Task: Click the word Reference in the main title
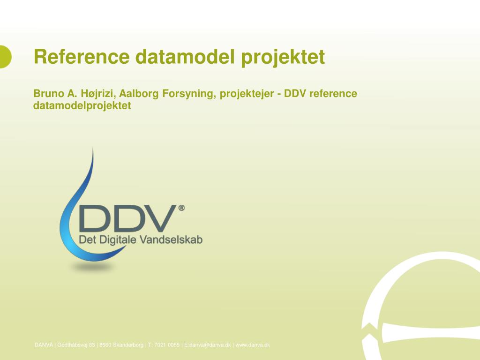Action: pyautogui.click(x=82, y=57)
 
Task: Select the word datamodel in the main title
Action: pyautogui.click(x=185, y=57)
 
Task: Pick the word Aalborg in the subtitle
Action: pyautogui.click(x=139, y=94)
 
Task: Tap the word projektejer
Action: pyautogui.click(x=247, y=94)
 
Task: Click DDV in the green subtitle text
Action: pyautogui.click(x=295, y=93)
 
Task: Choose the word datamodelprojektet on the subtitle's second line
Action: pyautogui.click(x=82, y=106)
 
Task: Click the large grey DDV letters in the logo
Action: pyautogui.click(x=128, y=218)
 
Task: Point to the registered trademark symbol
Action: pyautogui.click(x=181, y=208)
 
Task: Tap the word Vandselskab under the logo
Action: pyautogui.click(x=171, y=240)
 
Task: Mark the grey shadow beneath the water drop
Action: pyautogui.click(x=92, y=267)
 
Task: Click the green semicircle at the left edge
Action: pyautogui.click(x=5, y=57)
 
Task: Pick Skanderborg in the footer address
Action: pyautogui.click(x=128, y=345)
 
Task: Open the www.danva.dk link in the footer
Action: pyautogui.click(x=253, y=345)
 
